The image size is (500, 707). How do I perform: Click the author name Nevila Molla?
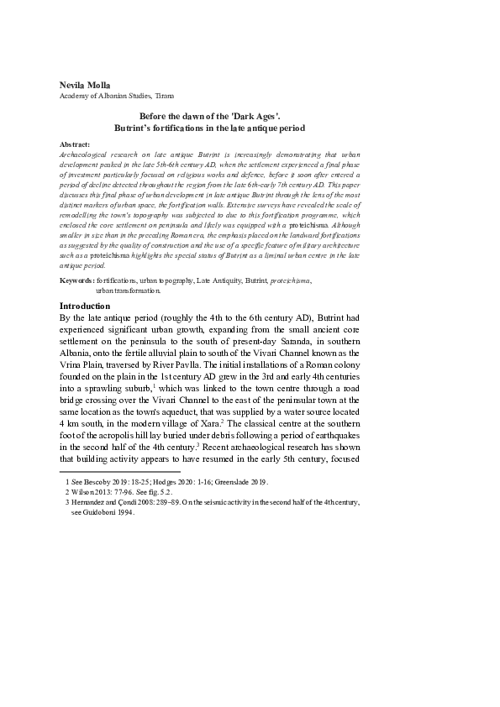click(x=85, y=86)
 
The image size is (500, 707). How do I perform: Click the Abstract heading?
click(x=76, y=145)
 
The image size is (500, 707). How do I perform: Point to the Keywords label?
click(x=78, y=279)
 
